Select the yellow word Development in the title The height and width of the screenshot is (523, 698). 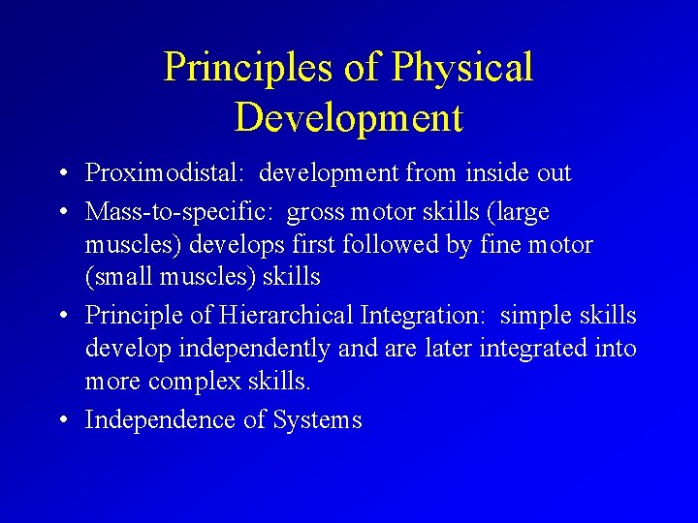(349, 118)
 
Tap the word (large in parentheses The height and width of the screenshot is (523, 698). (514, 211)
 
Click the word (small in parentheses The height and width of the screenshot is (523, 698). (118, 277)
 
